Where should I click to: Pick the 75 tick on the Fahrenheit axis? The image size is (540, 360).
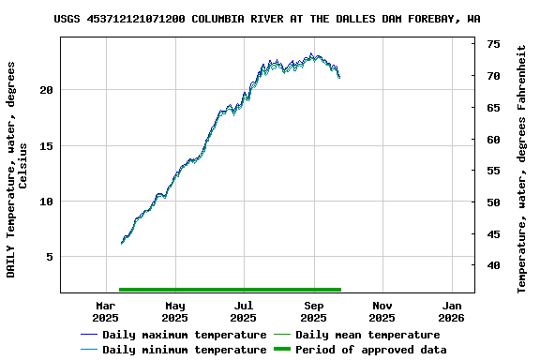point(493,44)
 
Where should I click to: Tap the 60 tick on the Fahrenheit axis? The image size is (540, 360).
point(493,140)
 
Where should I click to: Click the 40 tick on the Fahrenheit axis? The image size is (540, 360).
point(493,266)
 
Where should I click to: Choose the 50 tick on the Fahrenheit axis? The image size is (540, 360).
point(493,202)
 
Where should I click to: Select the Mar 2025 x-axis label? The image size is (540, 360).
point(106,311)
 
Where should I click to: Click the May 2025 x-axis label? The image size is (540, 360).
point(174,311)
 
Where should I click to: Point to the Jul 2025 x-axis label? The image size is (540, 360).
point(244,311)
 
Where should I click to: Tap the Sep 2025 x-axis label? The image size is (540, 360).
point(314,311)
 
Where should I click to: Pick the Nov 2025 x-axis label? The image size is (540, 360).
point(382,311)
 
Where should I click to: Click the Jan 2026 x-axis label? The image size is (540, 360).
point(452,311)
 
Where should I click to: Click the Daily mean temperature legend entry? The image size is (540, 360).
point(367,335)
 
